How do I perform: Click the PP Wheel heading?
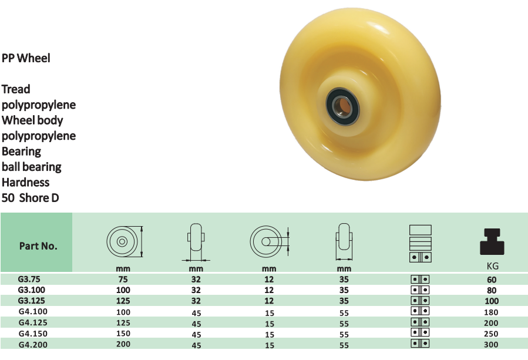pyautogui.click(x=26, y=58)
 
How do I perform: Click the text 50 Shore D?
pyautogui.click(x=31, y=198)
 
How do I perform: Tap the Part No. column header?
pyautogui.click(x=38, y=246)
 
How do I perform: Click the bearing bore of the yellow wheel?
pyautogui.click(x=343, y=106)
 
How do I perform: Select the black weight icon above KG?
pyautogui.click(x=492, y=241)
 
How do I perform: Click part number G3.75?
pyautogui.click(x=29, y=279)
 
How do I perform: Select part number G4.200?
pyautogui.click(x=33, y=345)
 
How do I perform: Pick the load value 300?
pyautogui.click(x=492, y=345)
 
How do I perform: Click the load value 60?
pyautogui.click(x=492, y=280)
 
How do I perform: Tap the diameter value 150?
pyautogui.click(x=123, y=334)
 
